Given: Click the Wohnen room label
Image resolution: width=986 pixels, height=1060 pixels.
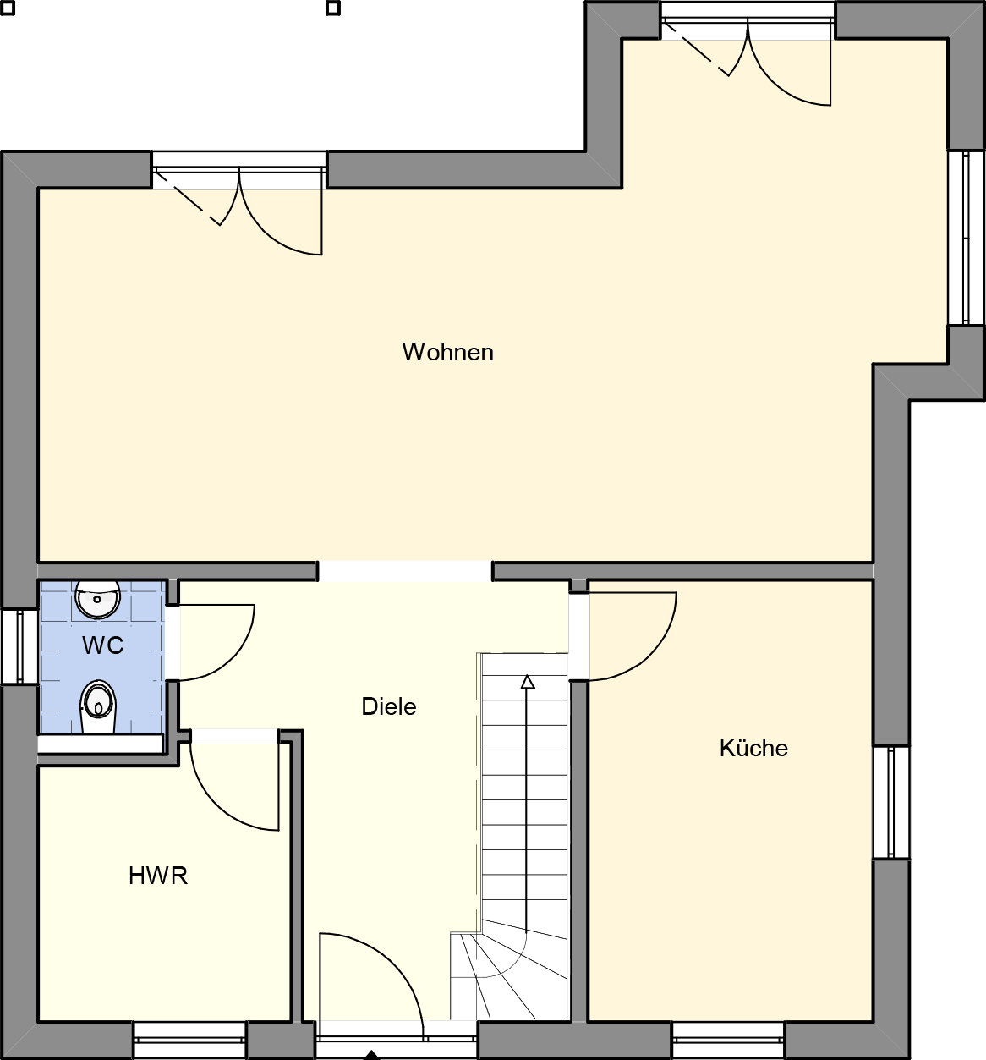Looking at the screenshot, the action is pyautogui.click(x=447, y=352).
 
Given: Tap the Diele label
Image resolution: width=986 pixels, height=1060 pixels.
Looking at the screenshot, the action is pyautogui.click(x=389, y=706).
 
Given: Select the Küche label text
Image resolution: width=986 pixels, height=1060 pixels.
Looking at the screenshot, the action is pyautogui.click(x=753, y=748).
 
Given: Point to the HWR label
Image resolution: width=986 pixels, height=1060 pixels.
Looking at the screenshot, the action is pyautogui.click(x=158, y=876).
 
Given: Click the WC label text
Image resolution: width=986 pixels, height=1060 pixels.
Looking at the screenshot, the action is pyautogui.click(x=103, y=645).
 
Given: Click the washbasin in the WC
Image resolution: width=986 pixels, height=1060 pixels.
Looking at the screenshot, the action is pyautogui.click(x=97, y=600).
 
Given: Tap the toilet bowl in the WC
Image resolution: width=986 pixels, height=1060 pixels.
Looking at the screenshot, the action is pyautogui.click(x=97, y=706).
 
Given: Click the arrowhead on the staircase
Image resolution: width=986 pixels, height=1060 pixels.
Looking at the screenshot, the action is pyautogui.click(x=528, y=682).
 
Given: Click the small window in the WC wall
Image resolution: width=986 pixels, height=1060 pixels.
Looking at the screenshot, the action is pyautogui.click(x=19, y=647).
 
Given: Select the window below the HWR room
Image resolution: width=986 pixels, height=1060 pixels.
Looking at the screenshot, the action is pyautogui.click(x=189, y=1040).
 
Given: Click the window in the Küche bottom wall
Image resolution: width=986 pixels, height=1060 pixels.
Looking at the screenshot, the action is pyautogui.click(x=728, y=1040).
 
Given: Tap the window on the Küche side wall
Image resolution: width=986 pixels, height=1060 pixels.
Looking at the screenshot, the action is pyautogui.click(x=891, y=802).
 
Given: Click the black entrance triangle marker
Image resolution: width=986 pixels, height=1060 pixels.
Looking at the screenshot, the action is pyautogui.click(x=372, y=1055).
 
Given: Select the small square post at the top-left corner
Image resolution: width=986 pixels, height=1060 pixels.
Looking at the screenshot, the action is pyautogui.click(x=7, y=8).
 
